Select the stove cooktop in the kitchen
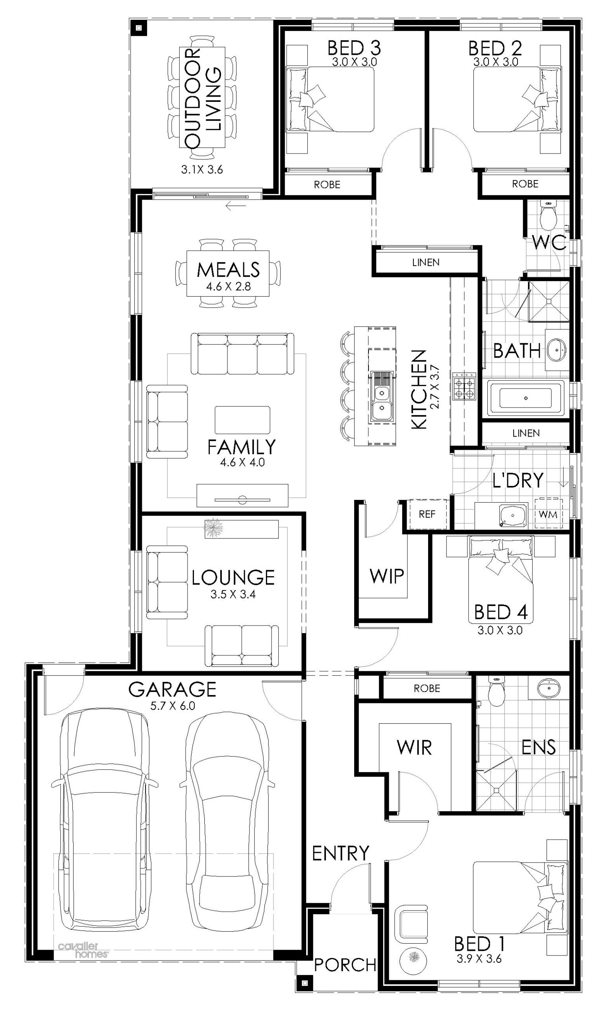point(464,386)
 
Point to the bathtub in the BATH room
point(526,398)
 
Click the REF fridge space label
point(427,514)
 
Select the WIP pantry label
point(386,576)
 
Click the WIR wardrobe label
point(414,747)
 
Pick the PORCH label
point(345,965)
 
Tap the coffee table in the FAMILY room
point(242,420)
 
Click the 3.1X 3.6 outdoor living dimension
point(202,170)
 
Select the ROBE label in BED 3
point(327,185)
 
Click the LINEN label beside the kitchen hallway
point(426,262)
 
